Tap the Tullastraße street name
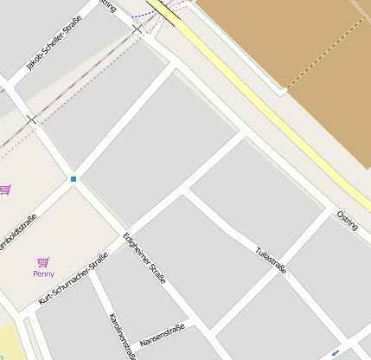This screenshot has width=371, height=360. [x=271, y=260]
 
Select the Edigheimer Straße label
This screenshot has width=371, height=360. [x=144, y=258]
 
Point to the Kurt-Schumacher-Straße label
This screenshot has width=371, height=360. [x=74, y=278]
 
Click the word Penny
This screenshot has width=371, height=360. [x=43, y=273]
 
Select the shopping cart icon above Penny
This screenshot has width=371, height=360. [x=43, y=261]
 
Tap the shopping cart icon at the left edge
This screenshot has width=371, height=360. [x=4, y=190]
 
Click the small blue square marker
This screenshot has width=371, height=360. [x=74, y=179]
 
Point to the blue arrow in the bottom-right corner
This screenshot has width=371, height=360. [x=336, y=352]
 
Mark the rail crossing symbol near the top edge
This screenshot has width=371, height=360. [x=138, y=29]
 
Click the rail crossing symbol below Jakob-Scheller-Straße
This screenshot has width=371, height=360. [x=33, y=119]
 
